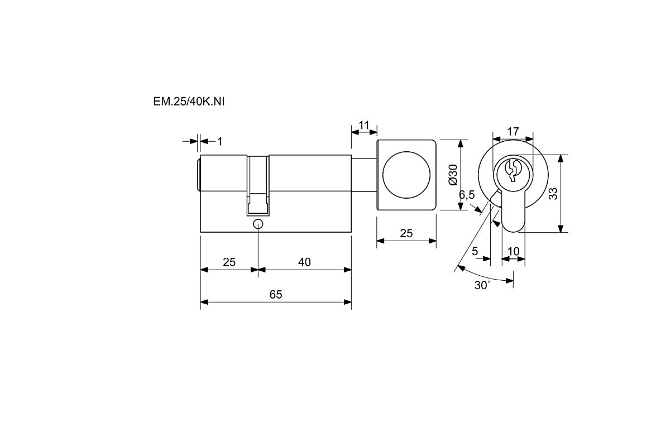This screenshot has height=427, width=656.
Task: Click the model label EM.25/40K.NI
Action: (x=189, y=102)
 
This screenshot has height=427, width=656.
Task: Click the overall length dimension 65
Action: (x=276, y=294)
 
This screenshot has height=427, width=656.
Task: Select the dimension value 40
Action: (x=305, y=262)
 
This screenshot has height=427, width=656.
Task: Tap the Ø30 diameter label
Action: (x=452, y=174)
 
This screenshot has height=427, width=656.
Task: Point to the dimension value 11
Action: (x=365, y=124)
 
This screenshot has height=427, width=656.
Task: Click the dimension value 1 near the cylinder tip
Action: (x=219, y=142)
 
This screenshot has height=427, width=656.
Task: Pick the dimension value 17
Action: (x=513, y=132)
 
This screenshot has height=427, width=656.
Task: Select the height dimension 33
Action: (x=553, y=193)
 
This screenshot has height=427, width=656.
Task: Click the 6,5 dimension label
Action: (x=467, y=195)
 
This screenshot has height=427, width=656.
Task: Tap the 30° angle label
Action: (x=483, y=285)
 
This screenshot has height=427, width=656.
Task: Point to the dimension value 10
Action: (x=513, y=251)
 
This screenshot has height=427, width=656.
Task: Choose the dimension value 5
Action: (x=475, y=251)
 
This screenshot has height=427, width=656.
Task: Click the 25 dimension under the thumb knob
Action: (x=406, y=233)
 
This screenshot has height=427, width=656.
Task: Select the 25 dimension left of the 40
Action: (x=229, y=262)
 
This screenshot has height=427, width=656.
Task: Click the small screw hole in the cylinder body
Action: (x=258, y=224)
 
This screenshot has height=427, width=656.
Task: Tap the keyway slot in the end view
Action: (x=513, y=170)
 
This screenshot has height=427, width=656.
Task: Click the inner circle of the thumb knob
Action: (x=406, y=175)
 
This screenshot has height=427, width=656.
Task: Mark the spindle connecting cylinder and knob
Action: (x=364, y=175)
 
